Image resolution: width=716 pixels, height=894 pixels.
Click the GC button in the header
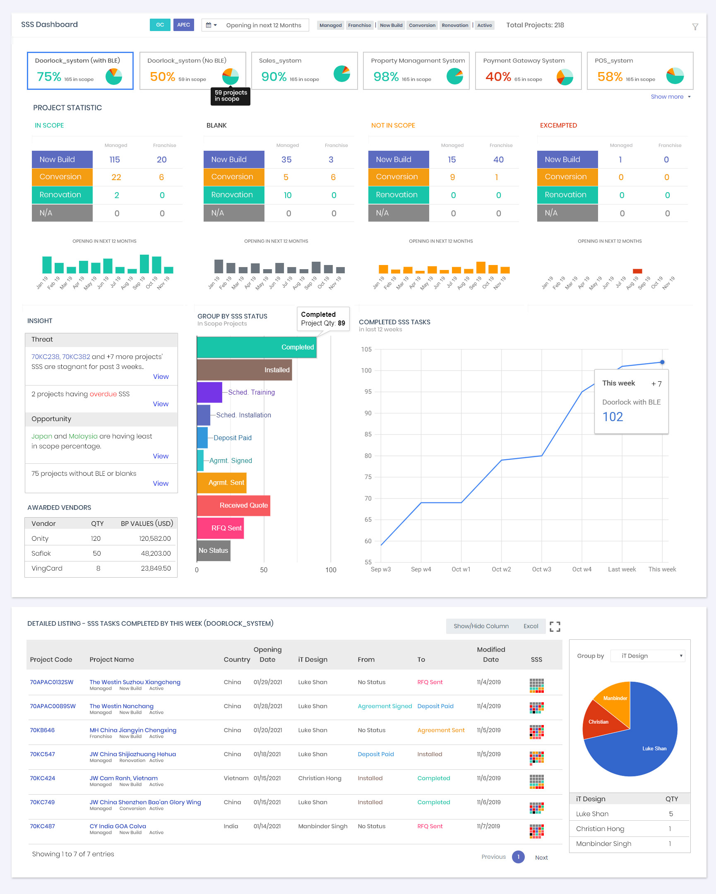(159, 25)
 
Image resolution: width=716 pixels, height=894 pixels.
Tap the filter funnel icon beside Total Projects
(695, 27)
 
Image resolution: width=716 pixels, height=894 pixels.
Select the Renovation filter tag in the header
(454, 25)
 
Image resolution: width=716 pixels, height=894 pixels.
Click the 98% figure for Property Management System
(385, 77)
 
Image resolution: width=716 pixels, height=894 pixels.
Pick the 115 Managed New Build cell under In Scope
(115, 160)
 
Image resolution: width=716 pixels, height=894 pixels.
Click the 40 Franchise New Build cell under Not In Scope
(498, 160)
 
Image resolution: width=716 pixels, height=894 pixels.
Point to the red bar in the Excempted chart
(637, 271)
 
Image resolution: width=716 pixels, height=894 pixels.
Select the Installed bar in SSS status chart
(244, 370)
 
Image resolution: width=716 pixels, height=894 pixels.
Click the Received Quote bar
(233, 506)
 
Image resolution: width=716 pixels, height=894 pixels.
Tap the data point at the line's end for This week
(662, 362)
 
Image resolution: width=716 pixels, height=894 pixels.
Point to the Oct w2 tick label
(501, 569)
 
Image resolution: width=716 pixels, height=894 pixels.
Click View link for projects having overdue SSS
(160, 404)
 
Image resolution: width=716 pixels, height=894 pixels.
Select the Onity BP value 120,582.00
(154, 539)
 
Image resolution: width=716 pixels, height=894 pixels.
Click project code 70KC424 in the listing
(42, 778)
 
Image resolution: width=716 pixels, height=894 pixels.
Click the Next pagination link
(541, 858)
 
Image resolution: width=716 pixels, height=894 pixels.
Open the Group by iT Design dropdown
(648, 656)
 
